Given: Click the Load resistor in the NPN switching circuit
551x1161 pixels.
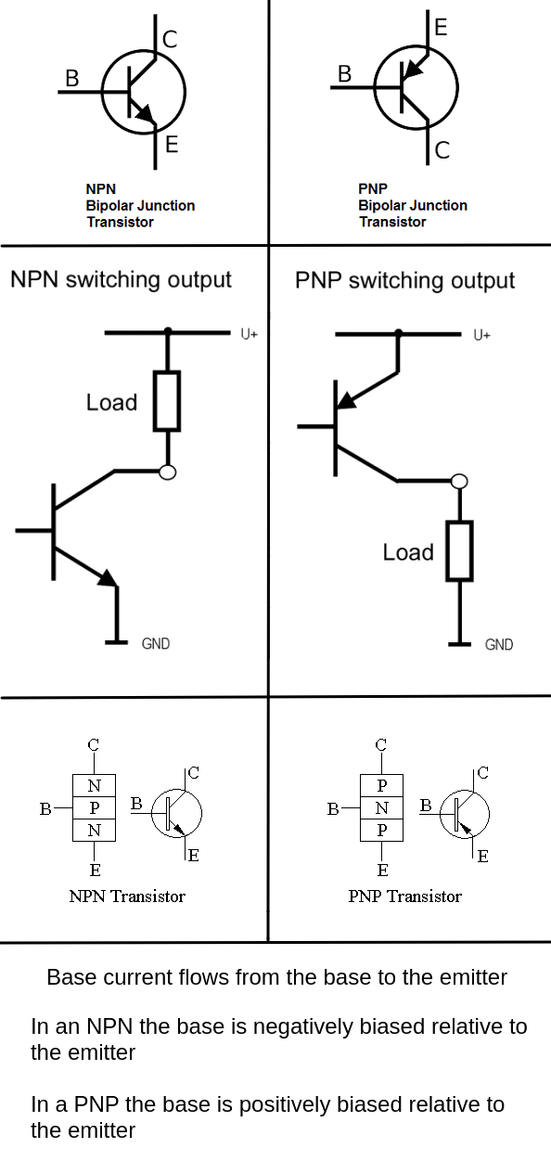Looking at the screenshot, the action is tap(167, 401).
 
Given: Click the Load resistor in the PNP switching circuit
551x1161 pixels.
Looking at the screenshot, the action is tap(459, 550).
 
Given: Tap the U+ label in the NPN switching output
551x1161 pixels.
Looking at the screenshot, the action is tap(250, 334).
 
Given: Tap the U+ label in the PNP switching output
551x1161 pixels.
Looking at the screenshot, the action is tap(481, 335).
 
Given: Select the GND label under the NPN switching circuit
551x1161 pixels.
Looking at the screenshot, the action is tap(155, 643).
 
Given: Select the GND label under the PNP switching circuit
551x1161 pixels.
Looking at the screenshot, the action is tap(499, 644).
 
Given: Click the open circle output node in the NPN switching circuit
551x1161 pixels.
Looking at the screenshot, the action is tap(167, 472).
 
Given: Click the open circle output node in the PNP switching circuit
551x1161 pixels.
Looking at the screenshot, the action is tap(459, 482).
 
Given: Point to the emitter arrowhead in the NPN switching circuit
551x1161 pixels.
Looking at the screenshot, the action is tap(109, 578).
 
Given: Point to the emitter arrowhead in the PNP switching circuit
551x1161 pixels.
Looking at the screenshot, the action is tap(346, 400).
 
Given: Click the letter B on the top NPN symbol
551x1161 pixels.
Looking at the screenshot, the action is tap(72, 78).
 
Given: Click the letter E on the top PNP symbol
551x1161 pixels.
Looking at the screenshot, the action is tap(441, 27).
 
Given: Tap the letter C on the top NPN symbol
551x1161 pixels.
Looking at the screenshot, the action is tap(170, 39).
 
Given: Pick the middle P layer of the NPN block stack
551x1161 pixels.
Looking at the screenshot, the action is tap(94, 807).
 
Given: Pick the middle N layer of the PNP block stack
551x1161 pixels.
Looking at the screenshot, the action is tap(381, 807).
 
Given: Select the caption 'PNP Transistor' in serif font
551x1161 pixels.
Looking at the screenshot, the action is tap(405, 897).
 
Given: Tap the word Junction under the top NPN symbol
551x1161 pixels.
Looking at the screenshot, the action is tap(166, 206).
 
